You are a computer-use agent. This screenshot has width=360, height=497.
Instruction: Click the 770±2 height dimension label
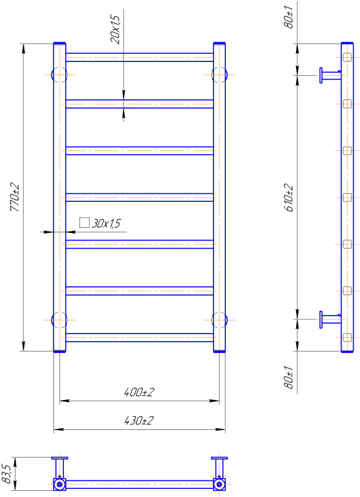14,197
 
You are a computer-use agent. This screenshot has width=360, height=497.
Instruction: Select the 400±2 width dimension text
139,392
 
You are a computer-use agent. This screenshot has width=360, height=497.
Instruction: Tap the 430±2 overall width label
139,421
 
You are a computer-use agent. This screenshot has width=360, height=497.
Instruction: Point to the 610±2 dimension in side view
289,197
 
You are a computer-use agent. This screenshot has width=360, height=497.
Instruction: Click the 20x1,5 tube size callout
115,29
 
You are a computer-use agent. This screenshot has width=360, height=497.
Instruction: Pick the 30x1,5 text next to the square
106,224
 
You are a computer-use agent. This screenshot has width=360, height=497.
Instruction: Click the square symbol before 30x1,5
84,222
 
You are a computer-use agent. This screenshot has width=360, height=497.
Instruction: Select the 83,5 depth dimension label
6,474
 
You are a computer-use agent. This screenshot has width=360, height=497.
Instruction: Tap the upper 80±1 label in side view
289,17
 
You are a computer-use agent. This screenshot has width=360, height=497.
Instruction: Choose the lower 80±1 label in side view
289,377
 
